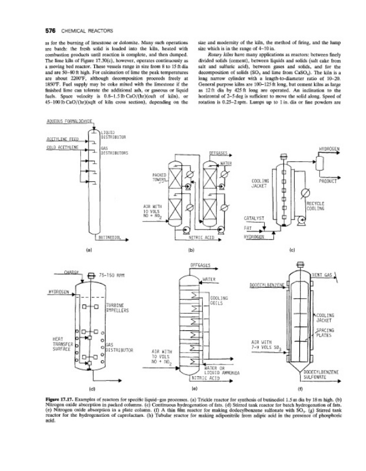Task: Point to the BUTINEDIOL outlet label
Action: (110, 238)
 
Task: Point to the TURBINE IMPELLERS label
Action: (118, 309)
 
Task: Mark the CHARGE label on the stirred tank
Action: (73, 273)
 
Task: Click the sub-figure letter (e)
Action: (194, 389)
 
